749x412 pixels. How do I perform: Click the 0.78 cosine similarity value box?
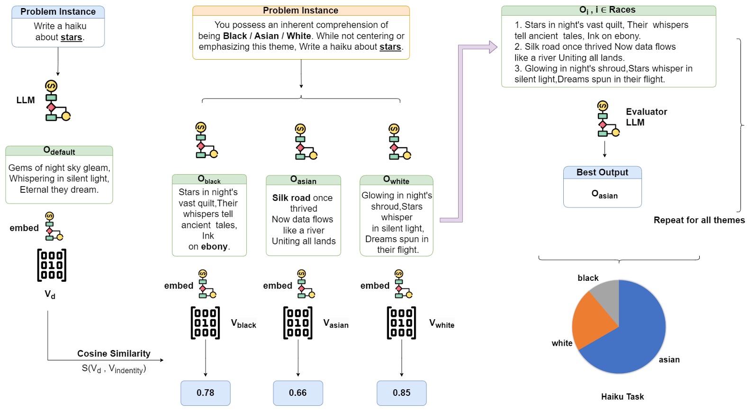pyautogui.click(x=205, y=393)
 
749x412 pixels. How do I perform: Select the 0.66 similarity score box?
pyautogui.click(x=298, y=393)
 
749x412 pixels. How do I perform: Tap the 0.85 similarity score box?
pyautogui.click(x=401, y=393)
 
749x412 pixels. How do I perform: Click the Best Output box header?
pyautogui.click(x=602, y=173)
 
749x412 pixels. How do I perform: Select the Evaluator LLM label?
pyautogui.click(x=646, y=117)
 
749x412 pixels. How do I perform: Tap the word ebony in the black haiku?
pyautogui.click(x=214, y=247)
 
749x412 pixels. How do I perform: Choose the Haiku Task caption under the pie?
pyautogui.click(x=622, y=397)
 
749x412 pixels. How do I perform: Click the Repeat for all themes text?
pyautogui.click(x=699, y=220)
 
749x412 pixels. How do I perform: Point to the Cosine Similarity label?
pyautogui.click(x=114, y=354)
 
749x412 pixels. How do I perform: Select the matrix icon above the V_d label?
pyautogui.click(x=52, y=265)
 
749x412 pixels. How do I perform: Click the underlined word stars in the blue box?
pyautogui.click(x=72, y=37)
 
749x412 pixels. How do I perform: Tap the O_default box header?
pyautogui.click(x=59, y=151)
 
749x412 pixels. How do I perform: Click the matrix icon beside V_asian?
pyautogui.click(x=298, y=323)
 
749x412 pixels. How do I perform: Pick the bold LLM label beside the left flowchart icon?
pyautogui.click(x=26, y=100)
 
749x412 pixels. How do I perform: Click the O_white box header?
pyautogui.click(x=396, y=180)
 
